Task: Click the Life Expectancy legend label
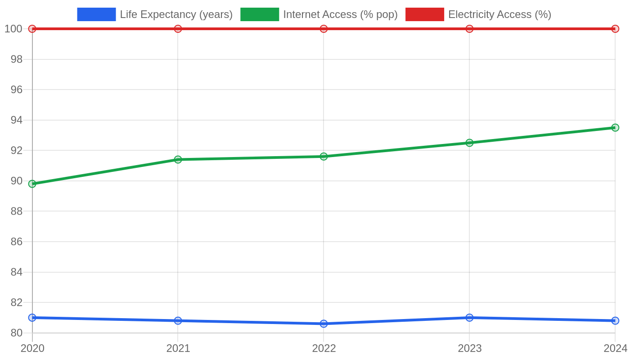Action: click(x=176, y=14)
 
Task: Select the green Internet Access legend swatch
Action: click(x=260, y=14)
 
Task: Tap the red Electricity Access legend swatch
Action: click(x=425, y=14)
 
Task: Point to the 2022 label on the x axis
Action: click(x=324, y=348)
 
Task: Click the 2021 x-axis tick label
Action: click(x=178, y=348)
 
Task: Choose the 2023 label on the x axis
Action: click(x=470, y=348)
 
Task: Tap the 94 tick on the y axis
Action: click(x=16, y=120)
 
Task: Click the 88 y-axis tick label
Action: click(x=16, y=211)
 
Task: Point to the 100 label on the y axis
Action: click(x=13, y=29)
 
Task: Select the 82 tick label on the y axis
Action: click(x=16, y=302)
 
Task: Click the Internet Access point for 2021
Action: click(x=178, y=159)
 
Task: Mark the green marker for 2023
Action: click(x=469, y=143)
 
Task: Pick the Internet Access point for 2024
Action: click(x=615, y=128)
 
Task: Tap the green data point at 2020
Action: click(x=32, y=184)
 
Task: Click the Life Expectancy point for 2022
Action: click(x=324, y=324)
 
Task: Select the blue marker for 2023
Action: click(x=469, y=318)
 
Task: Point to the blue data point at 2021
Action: click(x=178, y=320)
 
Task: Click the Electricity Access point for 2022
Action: click(x=324, y=29)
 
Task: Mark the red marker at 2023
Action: click(x=469, y=29)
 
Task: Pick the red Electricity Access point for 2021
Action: click(x=178, y=29)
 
